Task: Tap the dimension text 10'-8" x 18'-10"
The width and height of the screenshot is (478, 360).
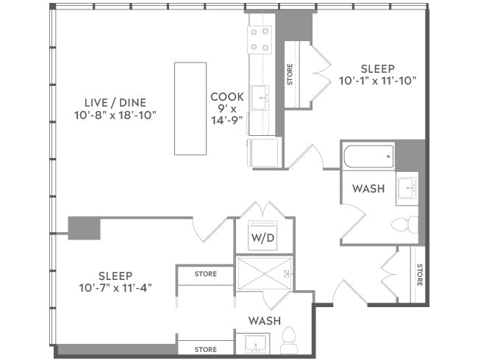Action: pos(115,115)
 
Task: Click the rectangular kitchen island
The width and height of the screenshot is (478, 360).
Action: pos(190,108)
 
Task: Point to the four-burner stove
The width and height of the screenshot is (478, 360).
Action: pos(260,40)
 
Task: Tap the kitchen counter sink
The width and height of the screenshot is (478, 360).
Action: pos(260,97)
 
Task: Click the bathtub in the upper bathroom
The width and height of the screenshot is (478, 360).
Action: pos(368,156)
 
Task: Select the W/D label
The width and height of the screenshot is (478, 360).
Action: pos(263,237)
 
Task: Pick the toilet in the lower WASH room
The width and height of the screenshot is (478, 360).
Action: pos(288,340)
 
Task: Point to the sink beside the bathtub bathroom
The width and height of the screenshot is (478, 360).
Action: pos(406,189)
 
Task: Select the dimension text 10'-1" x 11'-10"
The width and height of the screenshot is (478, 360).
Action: pos(378,80)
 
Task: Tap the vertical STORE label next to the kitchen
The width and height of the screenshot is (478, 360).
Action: pos(290,75)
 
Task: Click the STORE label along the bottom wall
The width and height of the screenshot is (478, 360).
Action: pos(205,349)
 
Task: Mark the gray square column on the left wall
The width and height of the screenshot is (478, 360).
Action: pos(84,228)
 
